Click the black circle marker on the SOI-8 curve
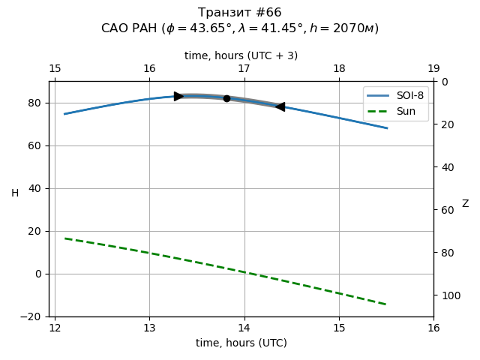[x=226, y=98]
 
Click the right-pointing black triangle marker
[x=178, y=96]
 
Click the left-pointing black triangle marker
[x=280, y=106]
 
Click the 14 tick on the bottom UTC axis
[x=244, y=328]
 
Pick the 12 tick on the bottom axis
[x=55, y=328]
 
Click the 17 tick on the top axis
[x=244, y=69]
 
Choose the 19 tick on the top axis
[x=433, y=69]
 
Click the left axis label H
[x=15, y=193]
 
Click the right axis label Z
[x=465, y=203]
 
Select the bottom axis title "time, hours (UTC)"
[x=241, y=343]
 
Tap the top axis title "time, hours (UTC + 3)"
[x=241, y=55]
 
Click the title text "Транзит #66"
[x=240, y=13]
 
